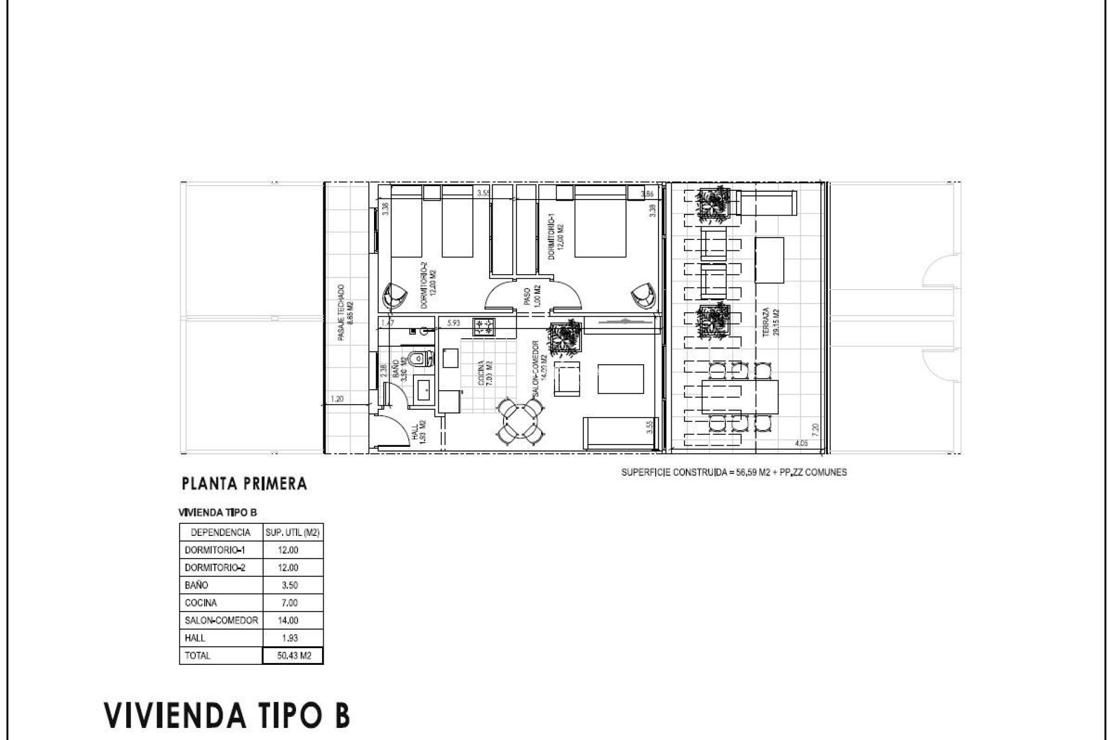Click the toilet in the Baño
point(420,359)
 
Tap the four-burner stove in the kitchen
point(484,327)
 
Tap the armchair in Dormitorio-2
point(395,296)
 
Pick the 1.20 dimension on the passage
point(337,399)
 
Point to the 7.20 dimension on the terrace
point(816,429)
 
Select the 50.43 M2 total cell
point(293,656)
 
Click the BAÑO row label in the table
point(196,585)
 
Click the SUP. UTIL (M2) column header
point(293,532)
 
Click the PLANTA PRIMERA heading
point(244,484)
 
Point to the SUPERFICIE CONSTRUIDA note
point(734,472)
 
